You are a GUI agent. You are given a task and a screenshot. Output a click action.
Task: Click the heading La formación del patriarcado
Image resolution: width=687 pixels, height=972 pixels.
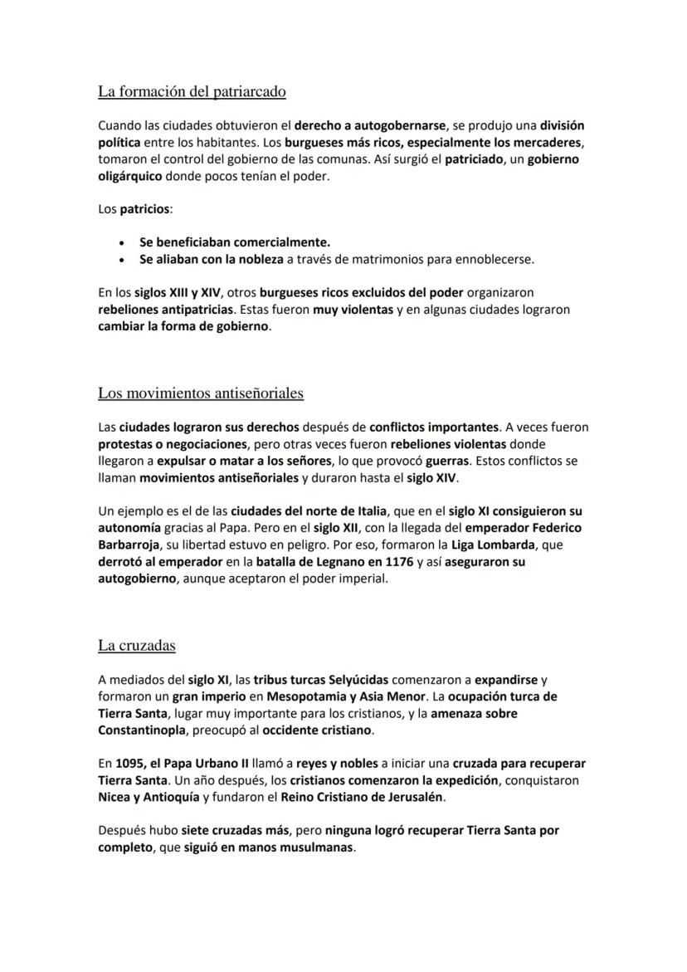pos(192,92)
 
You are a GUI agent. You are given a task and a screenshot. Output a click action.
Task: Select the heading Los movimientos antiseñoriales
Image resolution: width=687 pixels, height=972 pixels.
pos(201,393)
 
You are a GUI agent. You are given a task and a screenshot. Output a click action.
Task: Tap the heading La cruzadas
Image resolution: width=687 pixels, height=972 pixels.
pos(137,645)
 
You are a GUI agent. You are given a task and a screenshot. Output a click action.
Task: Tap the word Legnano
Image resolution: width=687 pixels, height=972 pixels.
pos(348,562)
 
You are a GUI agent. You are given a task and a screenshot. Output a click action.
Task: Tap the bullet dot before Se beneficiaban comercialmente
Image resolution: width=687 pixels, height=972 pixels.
pos(123,243)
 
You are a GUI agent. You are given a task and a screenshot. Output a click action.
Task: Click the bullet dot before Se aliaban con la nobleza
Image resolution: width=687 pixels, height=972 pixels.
pos(123,260)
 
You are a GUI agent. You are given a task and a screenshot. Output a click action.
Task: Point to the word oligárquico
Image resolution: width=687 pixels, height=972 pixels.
pos(129,177)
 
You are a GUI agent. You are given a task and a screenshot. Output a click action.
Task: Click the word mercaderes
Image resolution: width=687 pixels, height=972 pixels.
pos(548,143)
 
